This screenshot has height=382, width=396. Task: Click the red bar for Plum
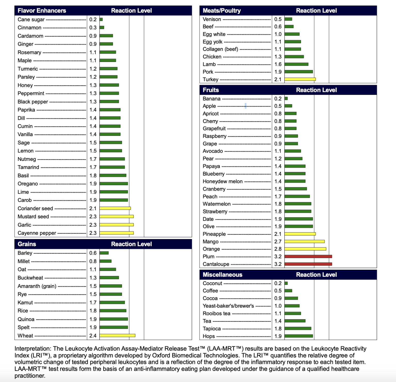(x=308, y=256)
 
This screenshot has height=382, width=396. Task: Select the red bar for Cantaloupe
(x=308, y=264)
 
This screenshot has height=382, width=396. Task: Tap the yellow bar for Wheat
(x=117, y=336)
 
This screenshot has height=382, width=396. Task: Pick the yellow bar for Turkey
(x=300, y=79)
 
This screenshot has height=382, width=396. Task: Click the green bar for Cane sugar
(x=101, y=19)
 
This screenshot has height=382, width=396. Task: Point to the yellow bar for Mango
(x=304, y=241)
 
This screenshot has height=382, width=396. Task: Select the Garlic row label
(x=24, y=225)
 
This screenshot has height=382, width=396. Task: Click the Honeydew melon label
(x=223, y=181)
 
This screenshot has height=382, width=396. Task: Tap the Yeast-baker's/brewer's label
(x=228, y=306)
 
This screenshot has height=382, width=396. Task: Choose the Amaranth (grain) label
(x=37, y=286)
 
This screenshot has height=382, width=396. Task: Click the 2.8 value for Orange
(x=278, y=249)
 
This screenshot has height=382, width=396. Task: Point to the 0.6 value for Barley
(x=93, y=253)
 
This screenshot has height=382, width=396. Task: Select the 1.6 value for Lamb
(x=278, y=64)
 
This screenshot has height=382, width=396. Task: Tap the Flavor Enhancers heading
(x=42, y=11)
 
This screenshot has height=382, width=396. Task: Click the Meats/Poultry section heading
(x=222, y=11)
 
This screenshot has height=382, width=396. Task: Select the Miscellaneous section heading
(x=222, y=275)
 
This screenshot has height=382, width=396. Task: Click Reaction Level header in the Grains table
(x=131, y=244)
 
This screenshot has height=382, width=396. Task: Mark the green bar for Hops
(x=299, y=336)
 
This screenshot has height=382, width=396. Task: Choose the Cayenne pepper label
(x=37, y=233)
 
